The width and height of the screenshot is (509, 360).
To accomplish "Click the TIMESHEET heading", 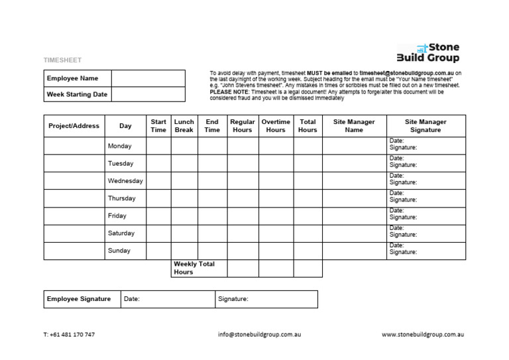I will (x=62, y=60).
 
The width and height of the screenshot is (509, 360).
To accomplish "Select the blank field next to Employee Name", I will (x=148, y=78).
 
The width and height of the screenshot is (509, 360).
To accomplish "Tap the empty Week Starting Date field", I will (x=148, y=94).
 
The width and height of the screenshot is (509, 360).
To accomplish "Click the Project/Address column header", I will (x=74, y=126).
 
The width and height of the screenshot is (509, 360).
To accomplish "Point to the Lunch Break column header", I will (x=184, y=126).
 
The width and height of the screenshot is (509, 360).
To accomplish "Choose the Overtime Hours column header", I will (x=276, y=126).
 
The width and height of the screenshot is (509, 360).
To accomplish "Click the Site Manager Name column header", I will (x=354, y=126).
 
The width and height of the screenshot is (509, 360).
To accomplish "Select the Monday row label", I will (x=120, y=146).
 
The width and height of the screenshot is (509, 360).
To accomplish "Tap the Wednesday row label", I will (x=125, y=181).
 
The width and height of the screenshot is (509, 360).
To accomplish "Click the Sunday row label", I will (x=119, y=251).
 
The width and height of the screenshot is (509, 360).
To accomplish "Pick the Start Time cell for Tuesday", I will (x=158, y=163).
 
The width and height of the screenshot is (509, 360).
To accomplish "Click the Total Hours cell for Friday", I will (x=308, y=216).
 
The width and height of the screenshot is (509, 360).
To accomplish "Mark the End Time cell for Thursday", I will (x=212, y=198).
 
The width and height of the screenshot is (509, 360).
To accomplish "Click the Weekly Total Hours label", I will (x=194, y=268).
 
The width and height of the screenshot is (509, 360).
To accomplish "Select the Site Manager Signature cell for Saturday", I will (x=425, y=233).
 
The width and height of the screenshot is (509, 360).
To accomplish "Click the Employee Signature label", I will (x=79, y=299).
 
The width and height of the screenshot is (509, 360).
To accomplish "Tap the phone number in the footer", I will (x=69, y=335).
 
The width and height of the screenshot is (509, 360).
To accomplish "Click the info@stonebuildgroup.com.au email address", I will (x=259, y=335).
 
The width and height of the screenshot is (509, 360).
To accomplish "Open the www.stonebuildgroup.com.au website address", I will (x=423, y=335).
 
